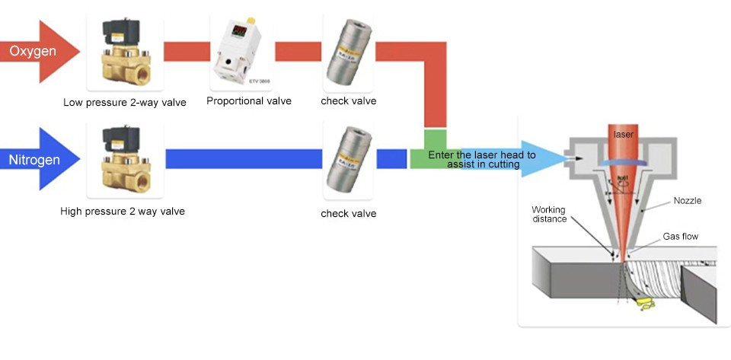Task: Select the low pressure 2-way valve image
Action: [x=124, y=53]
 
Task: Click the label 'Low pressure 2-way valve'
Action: [x=125, y=102]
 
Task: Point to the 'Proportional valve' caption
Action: [x=249, y=101]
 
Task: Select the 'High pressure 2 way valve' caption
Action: [x=123, y=211]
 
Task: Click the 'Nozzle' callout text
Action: [x=687, y=201]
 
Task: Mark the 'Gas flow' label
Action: [x=680, y=237]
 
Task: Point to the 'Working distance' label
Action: [x=549, y=214]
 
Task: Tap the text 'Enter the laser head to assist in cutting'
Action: [x=482, y=159]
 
